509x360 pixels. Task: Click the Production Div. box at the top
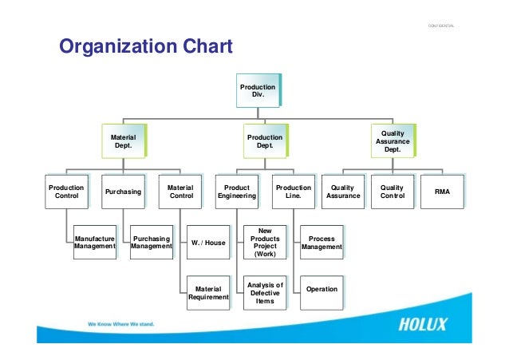tap(258, 91)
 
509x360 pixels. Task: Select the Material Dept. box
tap(122, 142)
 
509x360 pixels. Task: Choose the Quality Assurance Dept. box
tap(393, 142)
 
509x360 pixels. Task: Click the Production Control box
tap(66, 192)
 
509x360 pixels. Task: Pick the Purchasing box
tap(123, 192)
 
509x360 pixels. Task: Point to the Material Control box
tap(180, 192)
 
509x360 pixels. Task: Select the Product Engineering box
tap(237, 192)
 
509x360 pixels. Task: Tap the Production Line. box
tap(294, 192)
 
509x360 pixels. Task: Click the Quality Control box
tap(393, 192)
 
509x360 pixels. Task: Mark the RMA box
tap(441, 192)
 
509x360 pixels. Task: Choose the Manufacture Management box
tap(94, 243)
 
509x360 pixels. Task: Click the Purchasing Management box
tap(151, 243)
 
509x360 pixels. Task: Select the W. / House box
tap(208, 243)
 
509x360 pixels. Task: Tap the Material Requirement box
tap(208, 293)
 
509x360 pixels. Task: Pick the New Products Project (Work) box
tap(265, 243)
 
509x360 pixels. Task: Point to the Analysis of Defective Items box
tap(265, 293)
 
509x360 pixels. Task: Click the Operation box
tap(322, 289)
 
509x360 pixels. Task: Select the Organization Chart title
tap(146, 47)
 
